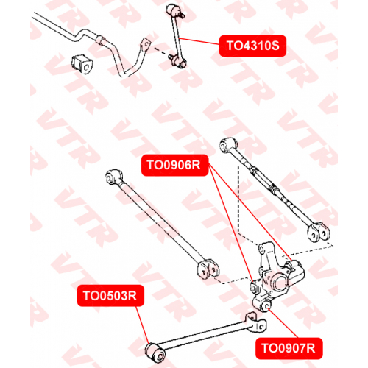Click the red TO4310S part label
pyautogui.click(x=252, y=46)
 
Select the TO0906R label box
pyautogui.click(x=174, y=165)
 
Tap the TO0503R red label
pyautogui.click(x=110, y=296)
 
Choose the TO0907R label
pyautogui.click(x=289, y=348)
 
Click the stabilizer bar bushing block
pyautogui.click(x=82, y=64)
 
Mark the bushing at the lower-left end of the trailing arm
pyautogui.click(x=155, y=353)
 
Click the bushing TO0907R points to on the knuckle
pyautogui.click(x=266, y=305)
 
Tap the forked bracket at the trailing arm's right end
pyautogui.click(x=256, y=322)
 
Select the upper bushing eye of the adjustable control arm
pyautogui.click(x=228, y=145)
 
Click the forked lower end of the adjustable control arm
pyautogui.click(x=319, y=232)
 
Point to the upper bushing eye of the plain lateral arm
pyautogui.click(x=113, y=176)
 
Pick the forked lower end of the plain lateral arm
pyautogui.click(x=208, y=269)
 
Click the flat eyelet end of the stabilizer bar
pyautogui.click(x=145, y=45)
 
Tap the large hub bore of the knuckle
pyautogui.click(x=280, y=283)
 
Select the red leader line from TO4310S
pyautogui.click(x=199, y=41)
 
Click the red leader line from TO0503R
pyautogui.click(x=142, y=325)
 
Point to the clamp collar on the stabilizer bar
pyautogui.click(x=101, y=40)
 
